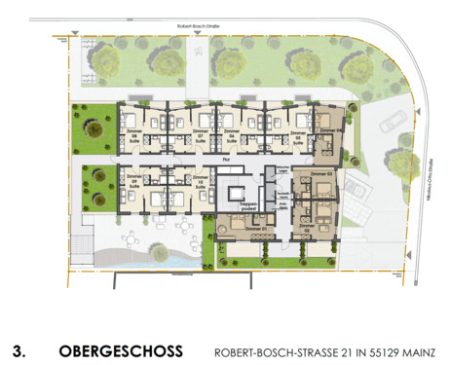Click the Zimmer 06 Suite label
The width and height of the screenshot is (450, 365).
click(x=230, y=135)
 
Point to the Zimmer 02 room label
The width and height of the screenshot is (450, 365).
click(x=312, y=227)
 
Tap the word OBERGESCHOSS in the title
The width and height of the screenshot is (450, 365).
click(x=120, y=347)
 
